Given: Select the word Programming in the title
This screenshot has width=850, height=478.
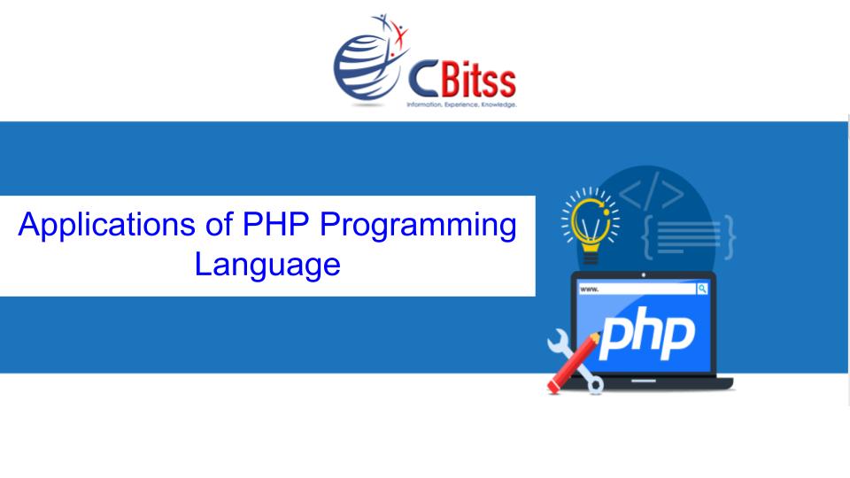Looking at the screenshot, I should [x=418, y=226].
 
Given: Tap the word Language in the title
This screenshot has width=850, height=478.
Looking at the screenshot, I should [x=267, y=264].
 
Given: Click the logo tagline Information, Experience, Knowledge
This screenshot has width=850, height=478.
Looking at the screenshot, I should [x=460, y=104].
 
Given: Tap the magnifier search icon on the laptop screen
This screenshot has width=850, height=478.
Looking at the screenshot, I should [x=702, y=289].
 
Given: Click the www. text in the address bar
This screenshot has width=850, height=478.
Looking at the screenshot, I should [x=590, y=289].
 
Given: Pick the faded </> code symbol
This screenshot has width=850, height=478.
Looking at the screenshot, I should [x=651, y=192].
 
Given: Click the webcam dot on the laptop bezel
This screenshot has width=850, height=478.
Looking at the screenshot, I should [x=644, y=275].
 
